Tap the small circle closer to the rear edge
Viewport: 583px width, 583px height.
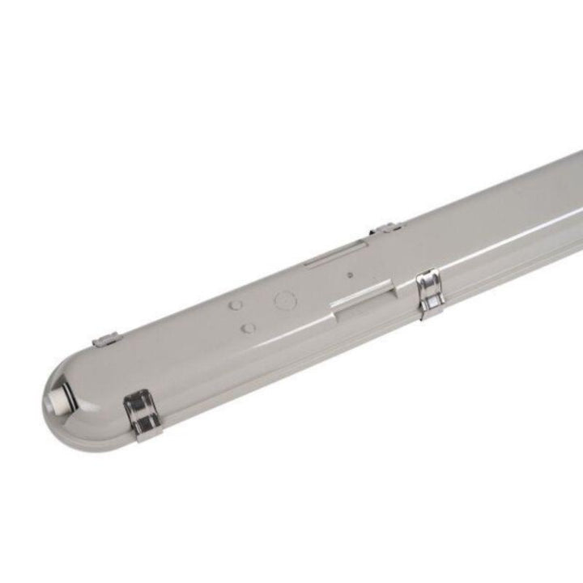point(235,307)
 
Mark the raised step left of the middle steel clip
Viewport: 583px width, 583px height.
point(364,300)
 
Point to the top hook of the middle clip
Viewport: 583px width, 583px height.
point(427,280)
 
